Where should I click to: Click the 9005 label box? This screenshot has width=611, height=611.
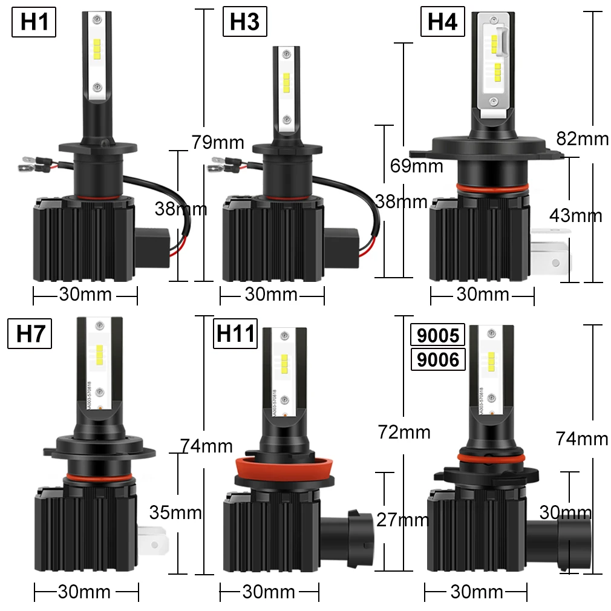[x=437, y=335]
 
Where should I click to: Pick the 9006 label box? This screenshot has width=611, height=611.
[x=437, y=360]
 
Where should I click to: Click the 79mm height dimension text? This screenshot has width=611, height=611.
[x=218, y=143]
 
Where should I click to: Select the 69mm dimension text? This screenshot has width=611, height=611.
[x=416, y=165]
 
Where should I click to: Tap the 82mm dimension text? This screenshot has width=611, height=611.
[x=582, y=139]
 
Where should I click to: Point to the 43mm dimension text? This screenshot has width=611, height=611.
[x=575, y=215]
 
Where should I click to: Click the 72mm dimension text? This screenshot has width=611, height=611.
[x=404, y=432]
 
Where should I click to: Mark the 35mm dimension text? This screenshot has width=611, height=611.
[x=175, y=512]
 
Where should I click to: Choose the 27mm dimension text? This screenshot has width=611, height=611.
[x=402, y=519]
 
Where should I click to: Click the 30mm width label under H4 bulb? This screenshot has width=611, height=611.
[x=483, y=295]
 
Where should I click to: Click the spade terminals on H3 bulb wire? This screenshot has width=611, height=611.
[x=219, y=164]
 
